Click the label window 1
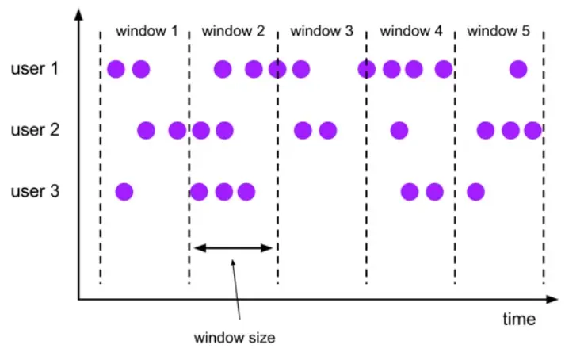point(147,32)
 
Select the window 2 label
point(233,32)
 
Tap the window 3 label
point(322,32)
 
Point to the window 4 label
point(411,32)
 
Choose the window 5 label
point(498,32)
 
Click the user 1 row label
point(35,69)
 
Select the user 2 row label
point(35,129)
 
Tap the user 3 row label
point(35,191)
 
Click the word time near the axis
point(519,320)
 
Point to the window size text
point(235,338)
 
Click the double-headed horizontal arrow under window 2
point(233,248)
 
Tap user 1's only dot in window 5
point(518,69)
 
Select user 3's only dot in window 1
point(124,191)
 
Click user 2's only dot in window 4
point(399,129)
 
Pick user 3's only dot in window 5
point(475,191)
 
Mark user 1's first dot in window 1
point(116,69)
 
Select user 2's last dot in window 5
point(532,129)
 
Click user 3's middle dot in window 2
point(224,191)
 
